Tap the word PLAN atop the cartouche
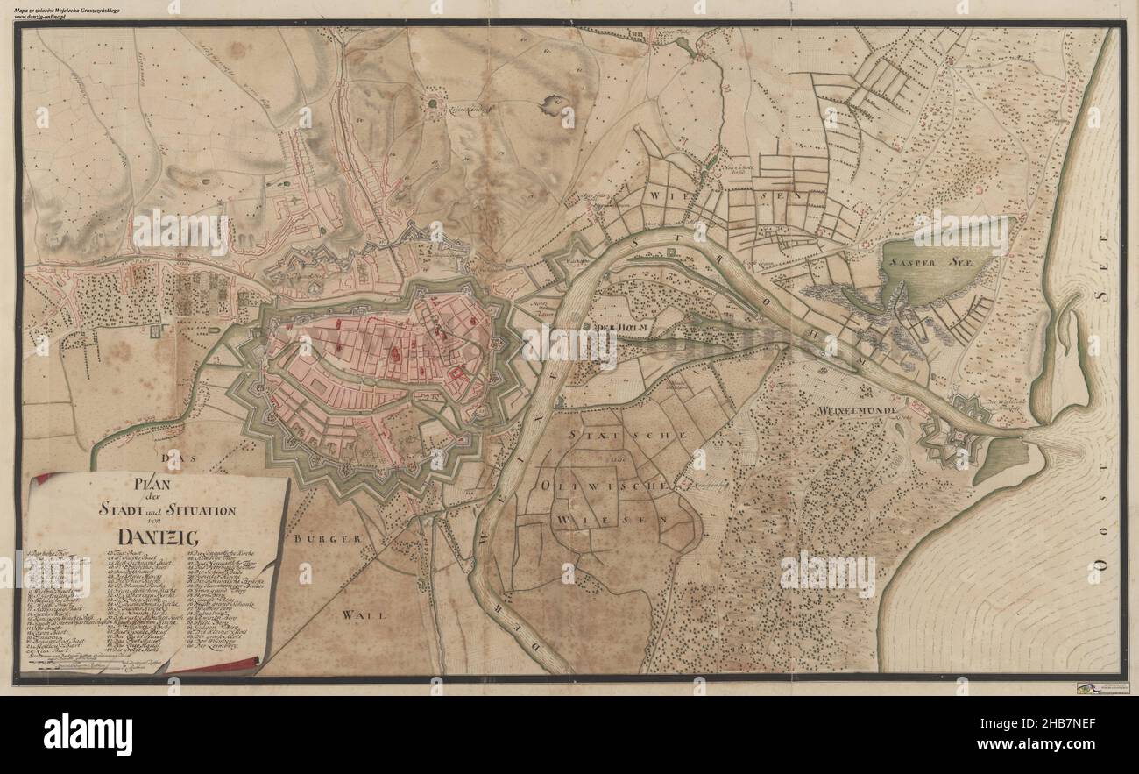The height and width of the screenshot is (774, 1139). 151,483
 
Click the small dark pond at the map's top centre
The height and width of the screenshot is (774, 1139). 555,106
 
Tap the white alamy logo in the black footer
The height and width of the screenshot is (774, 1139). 88,733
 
